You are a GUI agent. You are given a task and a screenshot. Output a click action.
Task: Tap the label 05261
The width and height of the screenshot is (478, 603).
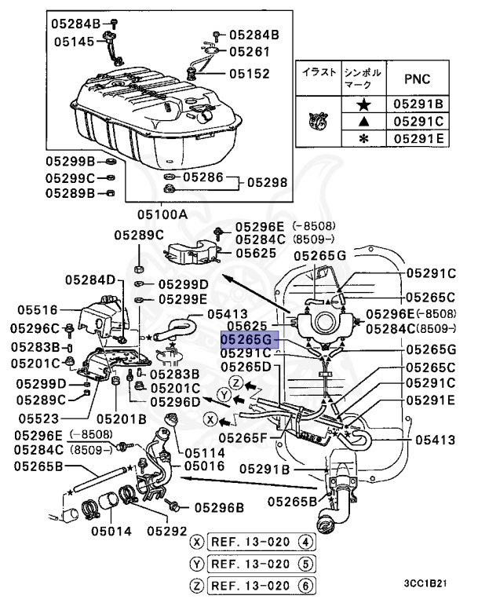(x=250, y=52)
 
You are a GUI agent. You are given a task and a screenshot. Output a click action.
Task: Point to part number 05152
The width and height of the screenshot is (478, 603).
(x=250, y=74)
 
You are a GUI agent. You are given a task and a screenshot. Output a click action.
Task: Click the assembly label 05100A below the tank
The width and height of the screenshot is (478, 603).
(x=162, y=214)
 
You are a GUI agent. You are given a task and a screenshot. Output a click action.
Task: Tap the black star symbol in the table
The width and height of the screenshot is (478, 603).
(x=363, y=104)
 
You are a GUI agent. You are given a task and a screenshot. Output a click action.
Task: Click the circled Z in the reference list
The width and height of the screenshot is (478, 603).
(x=196, y=583)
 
